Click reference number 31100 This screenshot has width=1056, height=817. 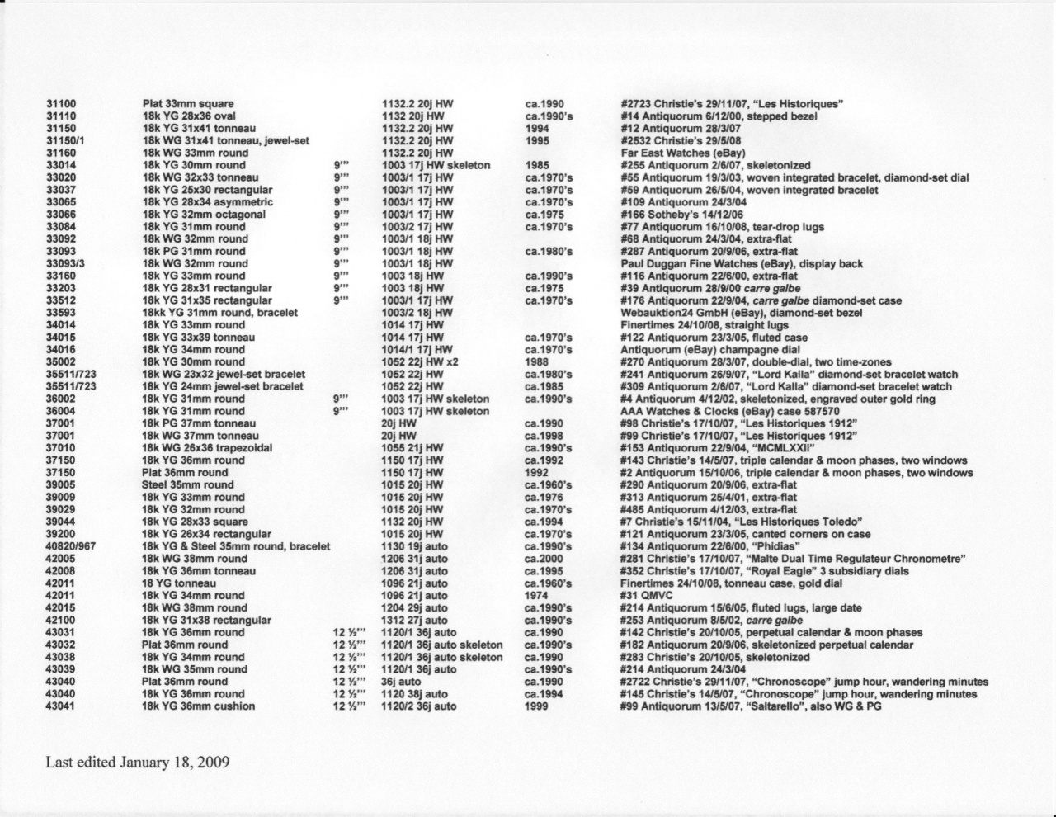click(x=61, y=104)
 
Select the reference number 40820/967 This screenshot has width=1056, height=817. click(x=71, y=546)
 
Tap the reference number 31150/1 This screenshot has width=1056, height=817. click(x=66, y=141)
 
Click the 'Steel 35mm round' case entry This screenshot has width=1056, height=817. click(x=187, y=485)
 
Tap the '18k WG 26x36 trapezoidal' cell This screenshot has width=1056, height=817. click(x=206, y=448)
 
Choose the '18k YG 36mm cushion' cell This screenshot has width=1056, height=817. click(x=198, y=706)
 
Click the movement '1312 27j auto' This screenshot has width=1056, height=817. click(x=415, y=621)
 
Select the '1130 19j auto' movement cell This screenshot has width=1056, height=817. click(x=415, y=546)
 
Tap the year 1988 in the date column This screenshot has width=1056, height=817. click(x=537, y=362)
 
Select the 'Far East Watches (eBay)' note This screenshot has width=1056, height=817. click(x=682, y=153)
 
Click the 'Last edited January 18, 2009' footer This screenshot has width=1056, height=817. click(x=137, y=761)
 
